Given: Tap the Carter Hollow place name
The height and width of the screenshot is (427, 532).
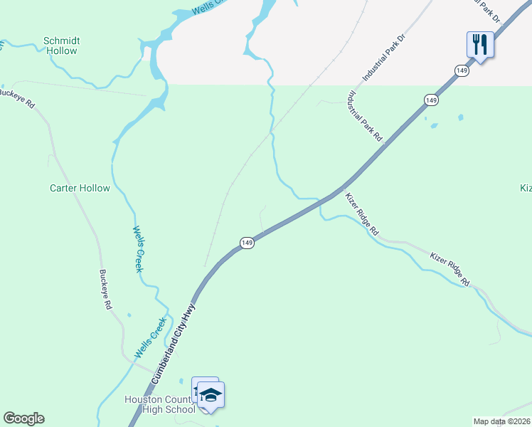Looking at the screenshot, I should tap(80, 188).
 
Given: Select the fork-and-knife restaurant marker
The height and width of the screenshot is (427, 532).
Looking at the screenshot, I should tap(480, 45).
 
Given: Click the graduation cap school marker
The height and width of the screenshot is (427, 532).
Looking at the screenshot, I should tap(211, 395).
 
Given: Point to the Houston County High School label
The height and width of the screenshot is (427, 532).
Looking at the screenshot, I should tap(160, 404).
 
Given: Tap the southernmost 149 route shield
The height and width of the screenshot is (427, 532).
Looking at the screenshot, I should tap(246, 243).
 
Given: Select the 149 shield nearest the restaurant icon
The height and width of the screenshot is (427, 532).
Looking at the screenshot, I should tap(462, 70).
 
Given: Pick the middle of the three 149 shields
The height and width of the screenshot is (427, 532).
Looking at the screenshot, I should tap(430, 100).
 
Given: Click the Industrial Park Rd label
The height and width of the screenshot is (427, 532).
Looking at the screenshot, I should tap(366, 117).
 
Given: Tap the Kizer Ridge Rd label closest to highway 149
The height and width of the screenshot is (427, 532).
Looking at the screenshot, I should tap(362, 214).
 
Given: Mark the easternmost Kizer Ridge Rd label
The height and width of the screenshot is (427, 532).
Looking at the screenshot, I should tap(450, 268).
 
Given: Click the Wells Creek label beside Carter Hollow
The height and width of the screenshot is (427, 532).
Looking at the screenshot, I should tap(139, 250).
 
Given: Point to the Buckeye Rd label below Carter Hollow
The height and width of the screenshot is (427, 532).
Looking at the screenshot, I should tap(106, 289).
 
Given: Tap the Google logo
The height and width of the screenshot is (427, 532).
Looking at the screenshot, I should tap(23, 418).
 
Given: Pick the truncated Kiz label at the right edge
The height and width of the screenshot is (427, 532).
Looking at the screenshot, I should tap(526, 188).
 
